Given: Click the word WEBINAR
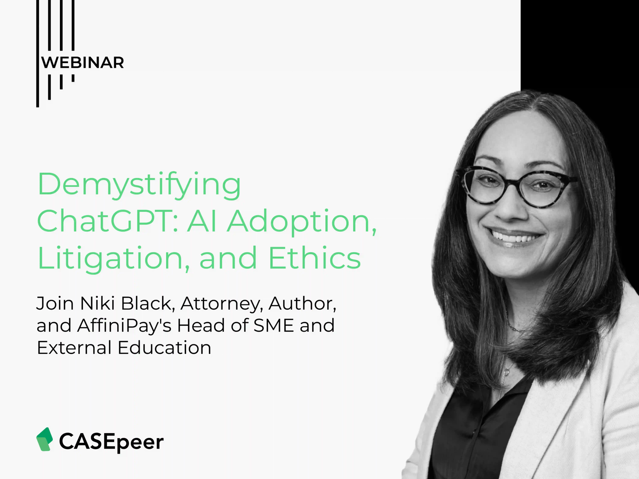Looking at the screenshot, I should pyautogui.click(x=83, y=63).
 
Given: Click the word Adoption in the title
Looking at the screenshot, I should pyautogui.click(x=302, y=221).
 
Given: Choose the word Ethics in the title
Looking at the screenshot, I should pyautogui.click(x=315, y=258).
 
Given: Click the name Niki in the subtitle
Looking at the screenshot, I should pyautogui.click(x=97, y=303).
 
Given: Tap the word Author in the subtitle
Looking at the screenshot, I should pyautogui.click(x=302, y=303).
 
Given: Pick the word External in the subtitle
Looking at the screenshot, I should pyautogui.click(x=74, y=347).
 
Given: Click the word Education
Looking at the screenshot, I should pyautogui.click(x=164, y=347).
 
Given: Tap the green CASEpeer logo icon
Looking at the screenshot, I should pyautogui.click(x=44, y=439).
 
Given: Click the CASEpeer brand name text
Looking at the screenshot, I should pyautogui.click(x=111, y=441).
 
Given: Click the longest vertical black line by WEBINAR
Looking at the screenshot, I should pyautogui.click(x=38, y=53).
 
